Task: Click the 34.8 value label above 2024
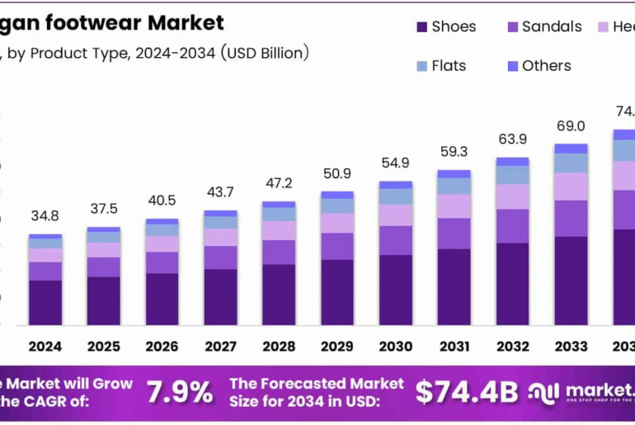tap(45, 216)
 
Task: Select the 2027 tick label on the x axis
tap(220, 347)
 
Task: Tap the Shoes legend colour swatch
tap(421, 27)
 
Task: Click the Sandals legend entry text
tap(552, 27)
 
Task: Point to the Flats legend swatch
tap(421, 65)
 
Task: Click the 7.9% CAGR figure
tap(179, 392)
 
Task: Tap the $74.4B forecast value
tap(468, 392)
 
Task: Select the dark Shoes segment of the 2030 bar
tap(396, 290)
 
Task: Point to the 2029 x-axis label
tap(337, 347)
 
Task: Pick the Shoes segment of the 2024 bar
tap(45, 302)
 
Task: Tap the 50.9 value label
tap(337, 173)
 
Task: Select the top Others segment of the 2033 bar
tap(571, 149)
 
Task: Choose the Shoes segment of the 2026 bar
tap(162, 299)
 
